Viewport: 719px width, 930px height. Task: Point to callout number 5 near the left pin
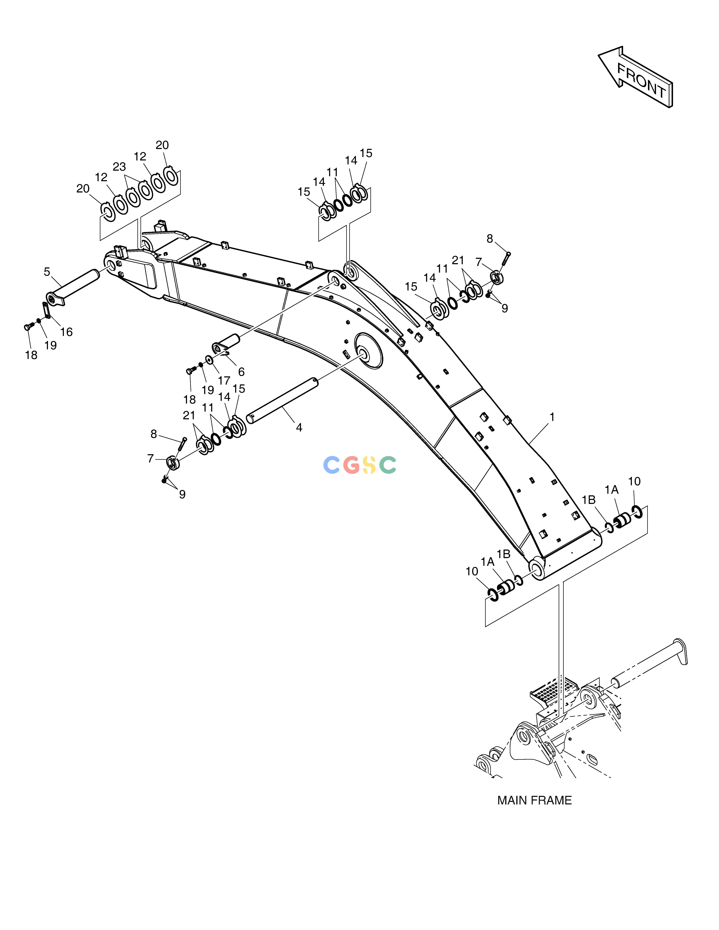coord(47,272)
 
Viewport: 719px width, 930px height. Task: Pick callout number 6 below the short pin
coord(241,372)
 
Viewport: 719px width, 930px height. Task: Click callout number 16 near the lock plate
coord(66,332)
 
